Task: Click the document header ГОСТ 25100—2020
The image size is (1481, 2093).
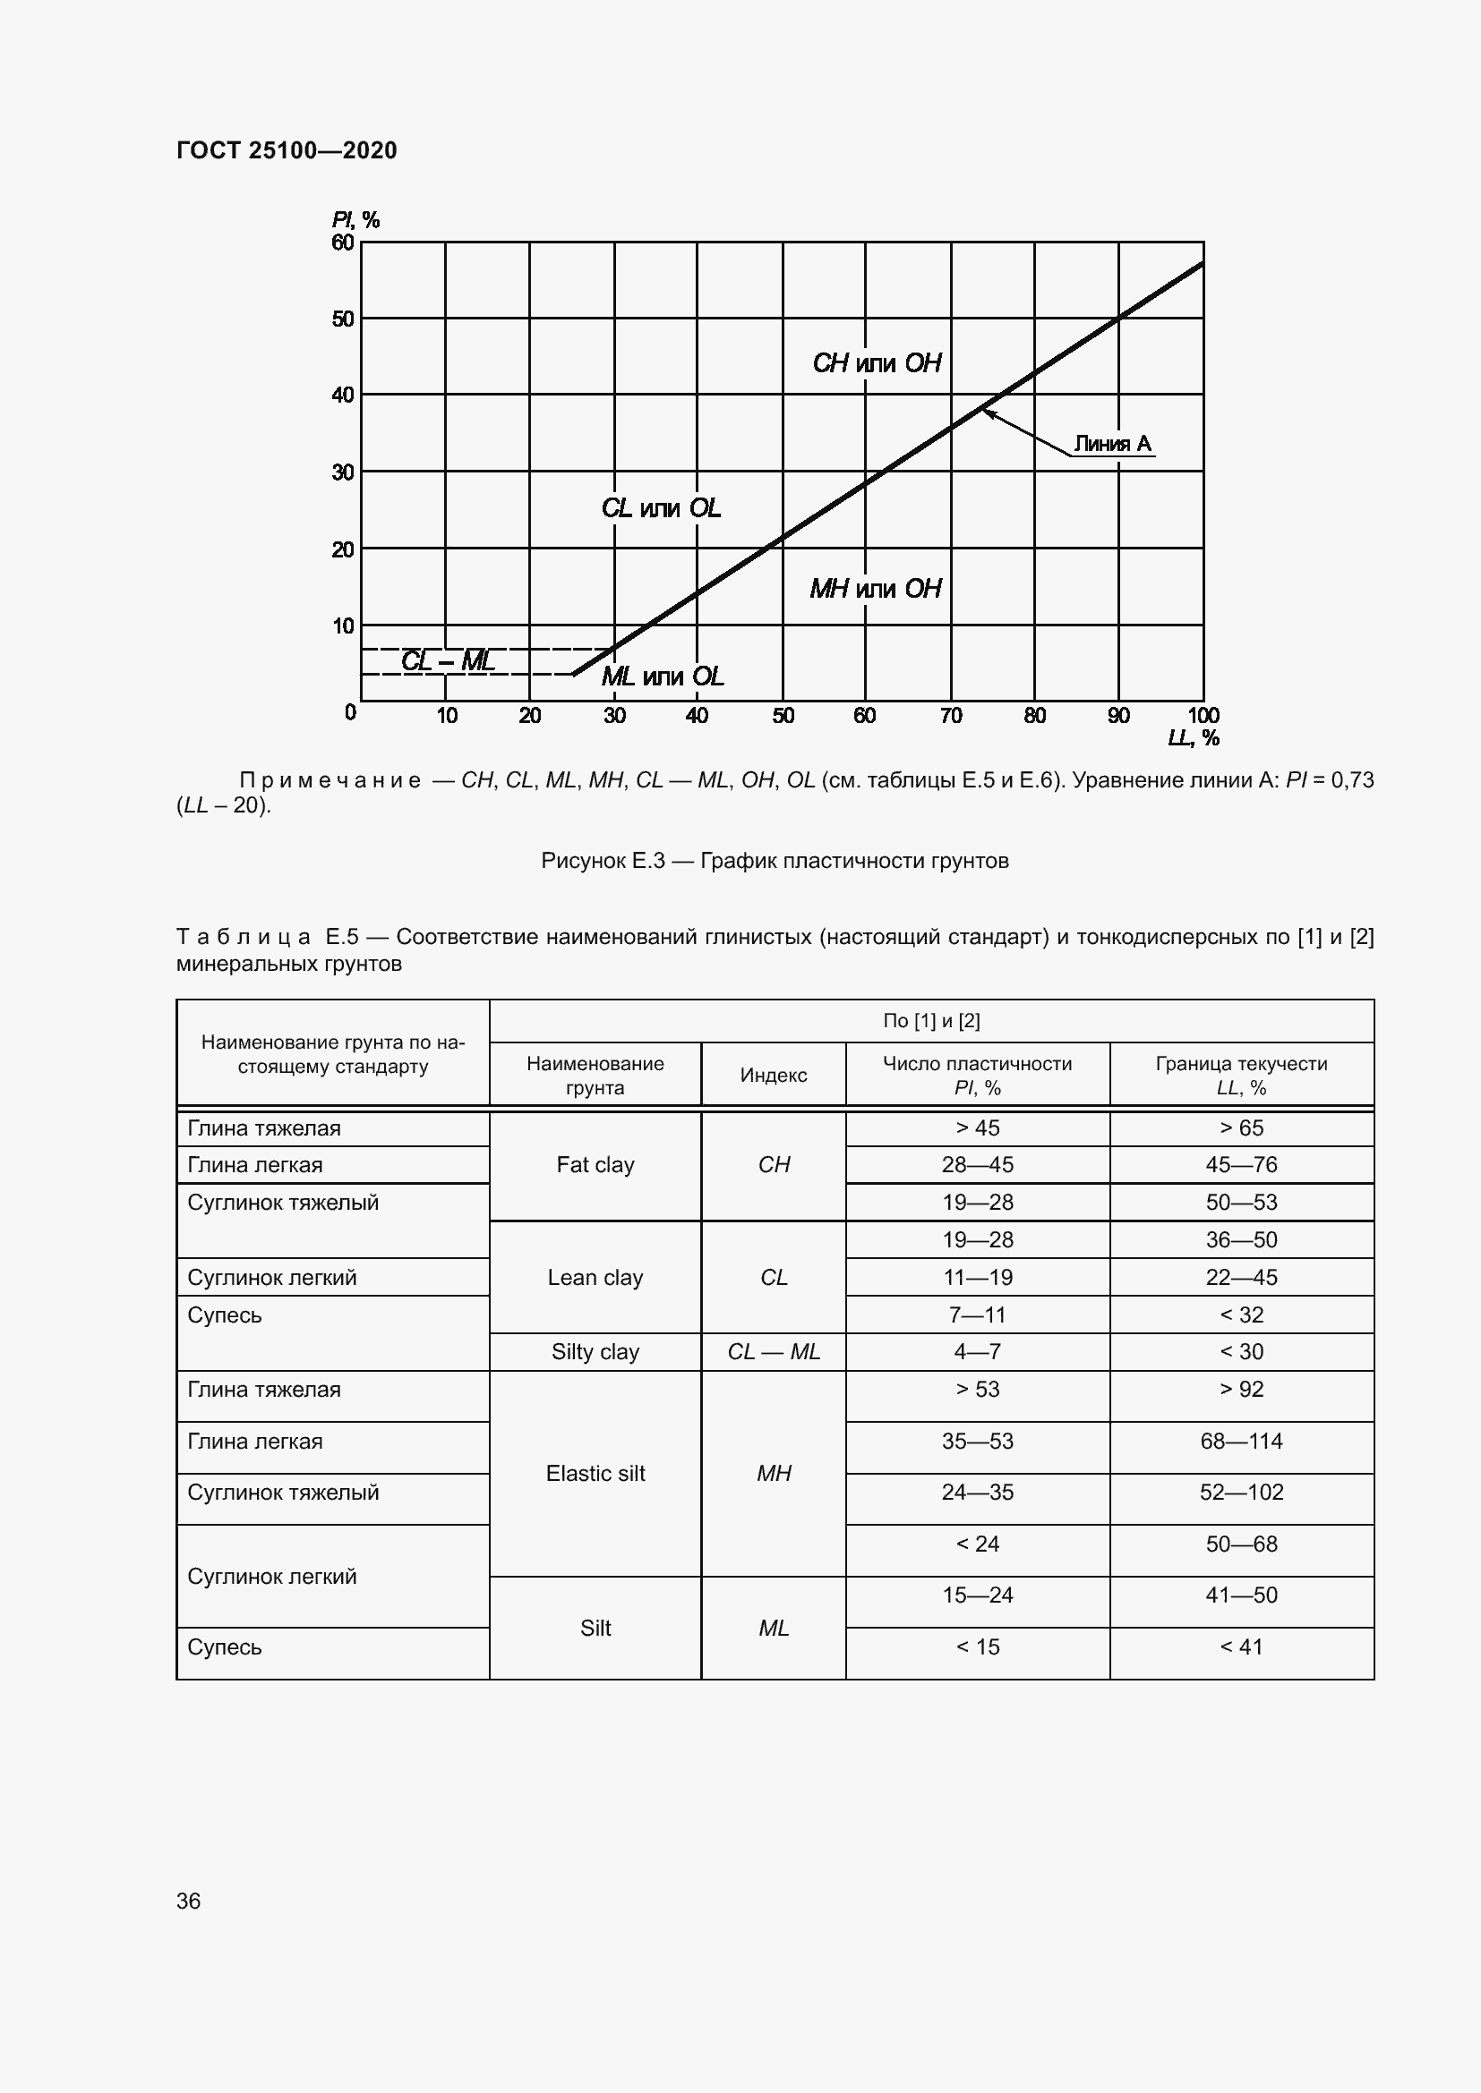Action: click(x=287, y=150)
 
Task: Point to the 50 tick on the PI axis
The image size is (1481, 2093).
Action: click(x=343, y=319)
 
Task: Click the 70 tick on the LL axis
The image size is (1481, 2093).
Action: click(x=950, y=716)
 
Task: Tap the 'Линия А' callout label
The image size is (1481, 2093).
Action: click(x=1112, y=444)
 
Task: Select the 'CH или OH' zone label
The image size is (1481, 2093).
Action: click(x=877, y=362)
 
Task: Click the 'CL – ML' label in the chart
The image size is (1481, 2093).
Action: click(x=448, y=660)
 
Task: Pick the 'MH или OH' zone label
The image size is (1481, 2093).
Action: click(x=876, y=588)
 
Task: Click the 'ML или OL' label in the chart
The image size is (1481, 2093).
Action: click(x=662, y=676)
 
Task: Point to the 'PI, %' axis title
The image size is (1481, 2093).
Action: click(x=355, y=220)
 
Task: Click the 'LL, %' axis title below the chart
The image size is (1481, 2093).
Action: click(x=1193, y=737)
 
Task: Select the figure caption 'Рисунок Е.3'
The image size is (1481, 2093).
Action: click(x=775, y=861)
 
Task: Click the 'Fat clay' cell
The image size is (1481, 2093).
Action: click(x=595, y=1165)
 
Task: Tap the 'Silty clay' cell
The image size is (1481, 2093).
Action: click(x=595, y=1352)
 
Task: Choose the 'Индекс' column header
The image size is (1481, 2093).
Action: click(x=774, y=1076)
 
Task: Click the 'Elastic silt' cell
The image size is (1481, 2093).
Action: click(x=595, y=1473)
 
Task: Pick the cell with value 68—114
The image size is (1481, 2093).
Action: click(x=1241, y=1442)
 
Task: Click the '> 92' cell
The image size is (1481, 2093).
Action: click(x=1241, y=1390)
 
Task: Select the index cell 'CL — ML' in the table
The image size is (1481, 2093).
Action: click(x=774, y=1352)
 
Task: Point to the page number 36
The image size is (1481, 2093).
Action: click(x=189, y=1901)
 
